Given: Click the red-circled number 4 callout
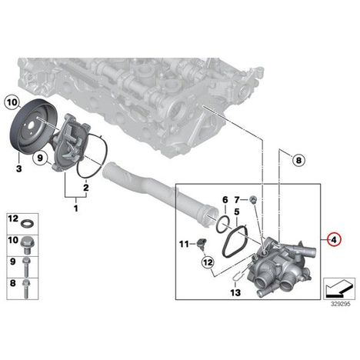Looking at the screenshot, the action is click(x=333, y=240).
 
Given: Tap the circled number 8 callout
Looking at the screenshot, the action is click(x=298, y=160).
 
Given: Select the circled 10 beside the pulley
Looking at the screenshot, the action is click(x=12, y=103).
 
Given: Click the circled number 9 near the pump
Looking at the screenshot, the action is click(x=40, y=158).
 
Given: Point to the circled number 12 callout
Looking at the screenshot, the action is click(x=208, y=262).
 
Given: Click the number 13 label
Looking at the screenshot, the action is click(x=235, y=292).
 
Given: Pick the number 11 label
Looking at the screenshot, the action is click(x=184, y=244).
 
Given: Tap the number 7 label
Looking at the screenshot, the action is click(x=237, y=199).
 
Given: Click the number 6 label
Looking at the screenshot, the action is click(x=225, y=199).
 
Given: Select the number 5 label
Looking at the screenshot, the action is click(x=236, y=212).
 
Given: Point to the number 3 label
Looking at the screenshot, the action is click(x=18, y=168).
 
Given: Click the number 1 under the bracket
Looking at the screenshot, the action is click(x=75, y=208).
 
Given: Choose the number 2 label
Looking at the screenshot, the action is click(x=86, y=188).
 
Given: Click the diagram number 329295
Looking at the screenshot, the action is click(x=341, y=304).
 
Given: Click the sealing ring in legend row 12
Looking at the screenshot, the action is click(x=26, y=224).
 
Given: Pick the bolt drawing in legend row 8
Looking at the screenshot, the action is click(x=26, y=288).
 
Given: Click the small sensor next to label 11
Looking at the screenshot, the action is click(x=202, y=243).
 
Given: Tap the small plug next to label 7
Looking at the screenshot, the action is click(x=253, y=199).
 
